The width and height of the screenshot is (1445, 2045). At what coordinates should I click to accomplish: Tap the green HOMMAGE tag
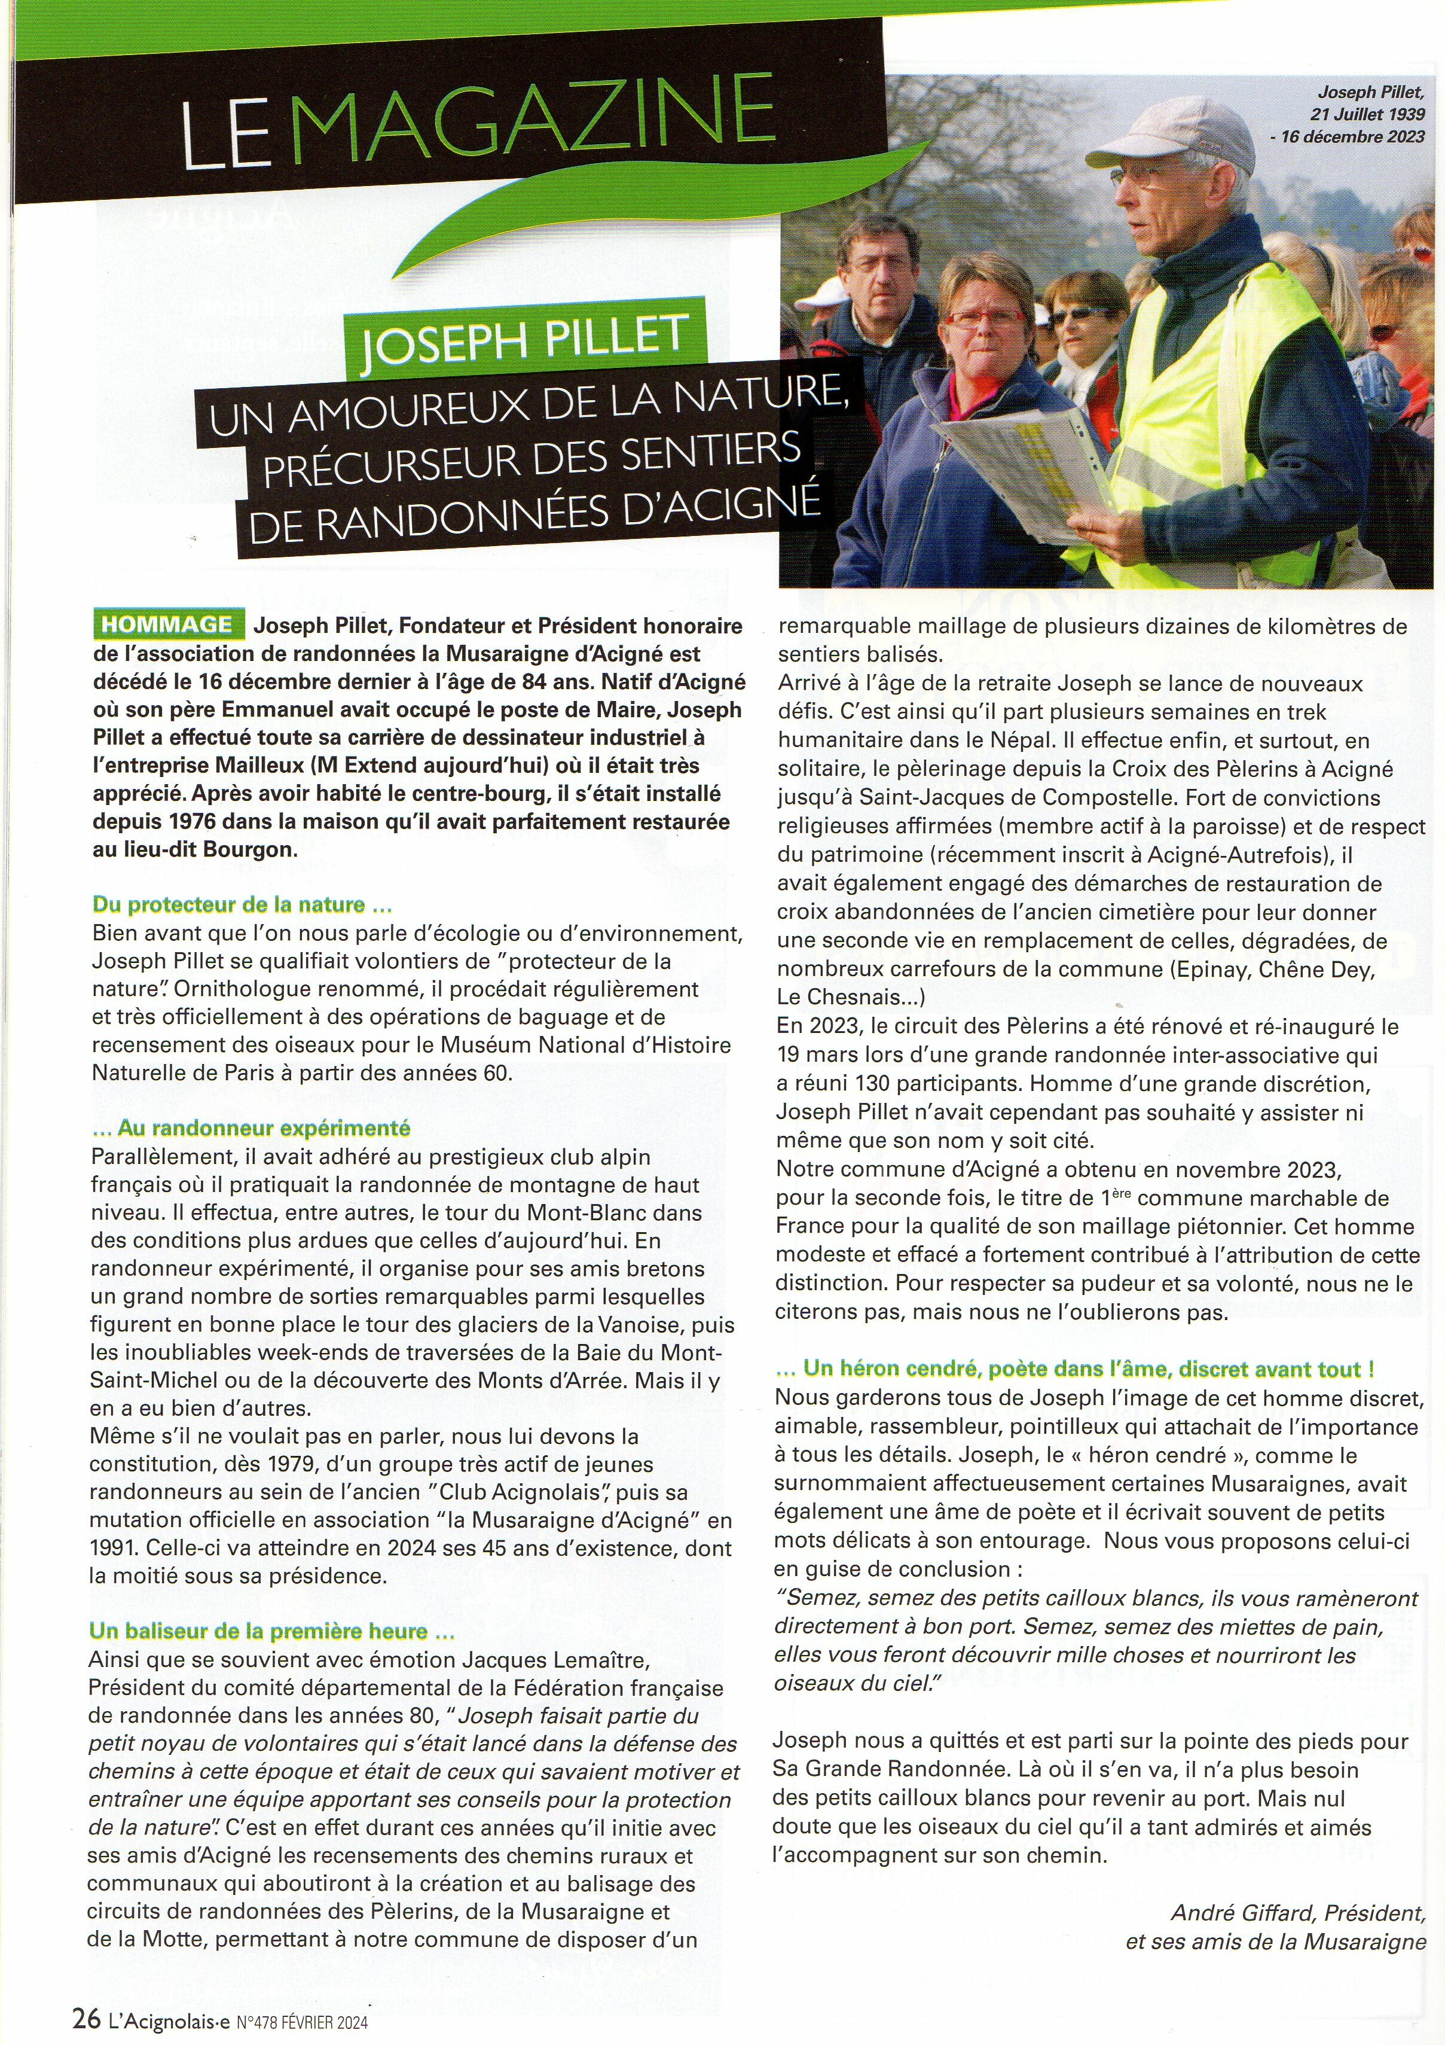pyautogui.click(x=166, y=624)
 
